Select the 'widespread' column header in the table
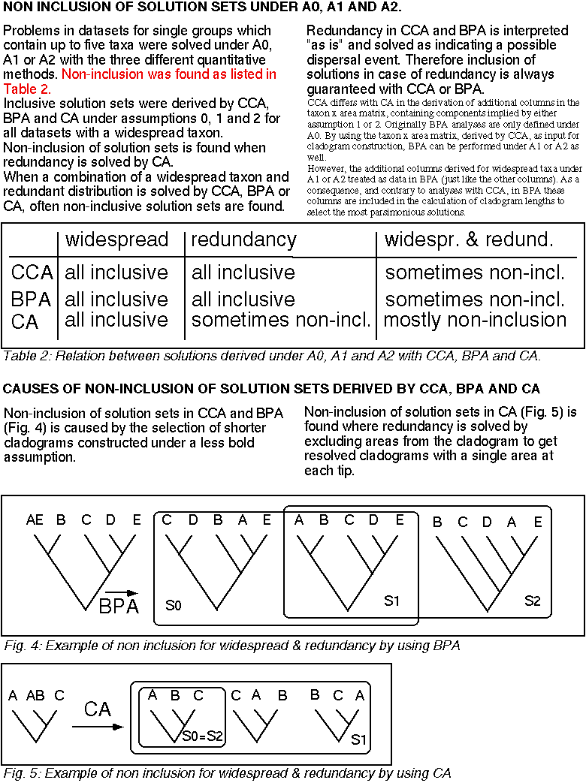pyautogui.click(x=116, y=240)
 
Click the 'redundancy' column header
pyautogui.click(x=243, y=240)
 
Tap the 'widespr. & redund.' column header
pyautogui.click(x=468, y=240)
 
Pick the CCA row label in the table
pyautogui.click(x=32, y=272)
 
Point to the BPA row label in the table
pyautogui.click(x=32, y=300)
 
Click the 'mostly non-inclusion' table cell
pyautogui.click(x=475, y=321)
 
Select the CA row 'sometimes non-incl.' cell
pyautogui.click(x=281, y=321)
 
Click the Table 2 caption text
pyautogui.click(x=272, y=355)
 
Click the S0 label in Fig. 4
pyautogui.click(x=174, y=604)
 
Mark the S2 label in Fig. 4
pyautogui.click(x=533, y=601)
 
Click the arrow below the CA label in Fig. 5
pyautogui.click(x=98, y=727)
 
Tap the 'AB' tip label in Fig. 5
pyautogui.click(x=35, y=695)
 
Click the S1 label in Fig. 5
pyautogui.click(x=359, y=739)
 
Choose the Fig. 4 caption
pyautogui.click(x=231, y=646)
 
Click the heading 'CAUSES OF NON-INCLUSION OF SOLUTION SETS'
pyautogui.click(x=271, y=389)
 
